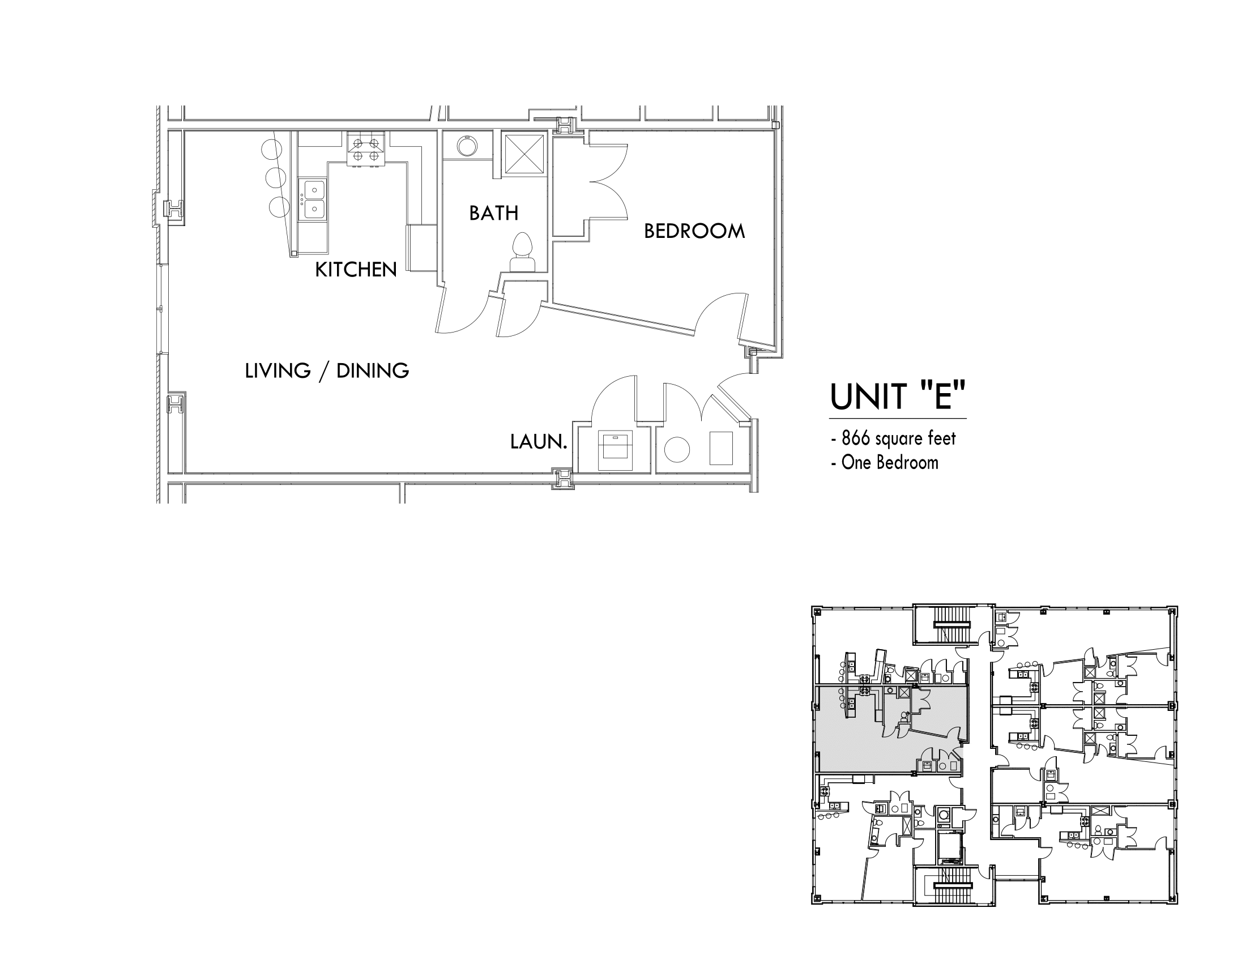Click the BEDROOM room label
694,231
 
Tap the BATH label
493,213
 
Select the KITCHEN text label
356,269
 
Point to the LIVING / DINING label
327,371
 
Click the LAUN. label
539,441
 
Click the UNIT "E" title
898,396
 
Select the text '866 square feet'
899,438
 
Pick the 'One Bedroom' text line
889,462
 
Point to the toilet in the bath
523,252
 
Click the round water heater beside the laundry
677,450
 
